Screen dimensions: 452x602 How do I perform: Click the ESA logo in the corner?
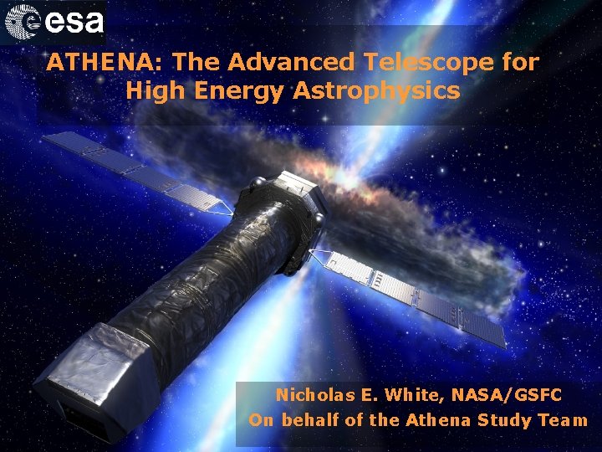[x=54, y=23]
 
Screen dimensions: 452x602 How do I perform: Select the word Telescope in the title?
[x=429, y=62]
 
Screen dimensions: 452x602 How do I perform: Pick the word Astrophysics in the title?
[x=376, y=90]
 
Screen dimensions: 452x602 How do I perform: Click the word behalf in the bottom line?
[x=310, y=420]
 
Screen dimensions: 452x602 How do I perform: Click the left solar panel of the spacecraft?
[x=134, y=171]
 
